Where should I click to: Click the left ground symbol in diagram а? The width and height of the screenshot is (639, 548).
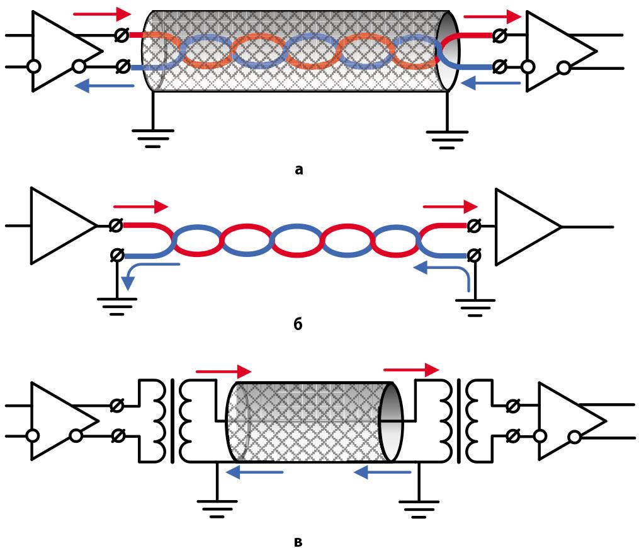point(153,137)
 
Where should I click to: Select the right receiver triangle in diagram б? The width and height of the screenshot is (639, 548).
point(526,226)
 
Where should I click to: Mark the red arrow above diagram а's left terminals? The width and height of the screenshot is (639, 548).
point(102,14)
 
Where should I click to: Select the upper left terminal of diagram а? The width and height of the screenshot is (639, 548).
point(123,36)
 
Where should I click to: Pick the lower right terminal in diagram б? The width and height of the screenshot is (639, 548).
point(474,255)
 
